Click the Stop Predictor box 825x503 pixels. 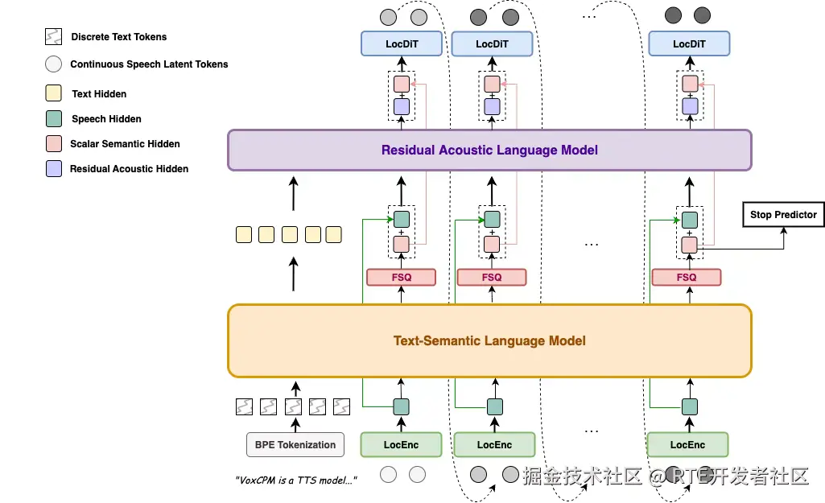pos(783,214)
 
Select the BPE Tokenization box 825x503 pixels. pos(295,445)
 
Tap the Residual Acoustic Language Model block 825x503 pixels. pos(489,150)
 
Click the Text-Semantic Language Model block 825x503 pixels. pos(489,340)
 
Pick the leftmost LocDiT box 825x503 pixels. pos(402,44)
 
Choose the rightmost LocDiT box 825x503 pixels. pos(689,44)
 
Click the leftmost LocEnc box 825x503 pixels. pos(401,445)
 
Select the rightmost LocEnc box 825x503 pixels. pos(687,445)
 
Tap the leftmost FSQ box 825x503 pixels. pos(401,278)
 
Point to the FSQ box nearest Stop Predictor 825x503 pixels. pos(687,278)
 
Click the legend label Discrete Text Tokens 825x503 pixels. pos(119,37)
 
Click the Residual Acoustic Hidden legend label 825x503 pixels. pos(129,169)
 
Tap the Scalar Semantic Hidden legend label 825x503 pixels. pos(125,144)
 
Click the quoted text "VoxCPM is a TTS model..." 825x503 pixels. pos(296,480)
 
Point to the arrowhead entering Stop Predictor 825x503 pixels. pos(783,230)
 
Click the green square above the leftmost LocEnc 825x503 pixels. pos(401,407)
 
